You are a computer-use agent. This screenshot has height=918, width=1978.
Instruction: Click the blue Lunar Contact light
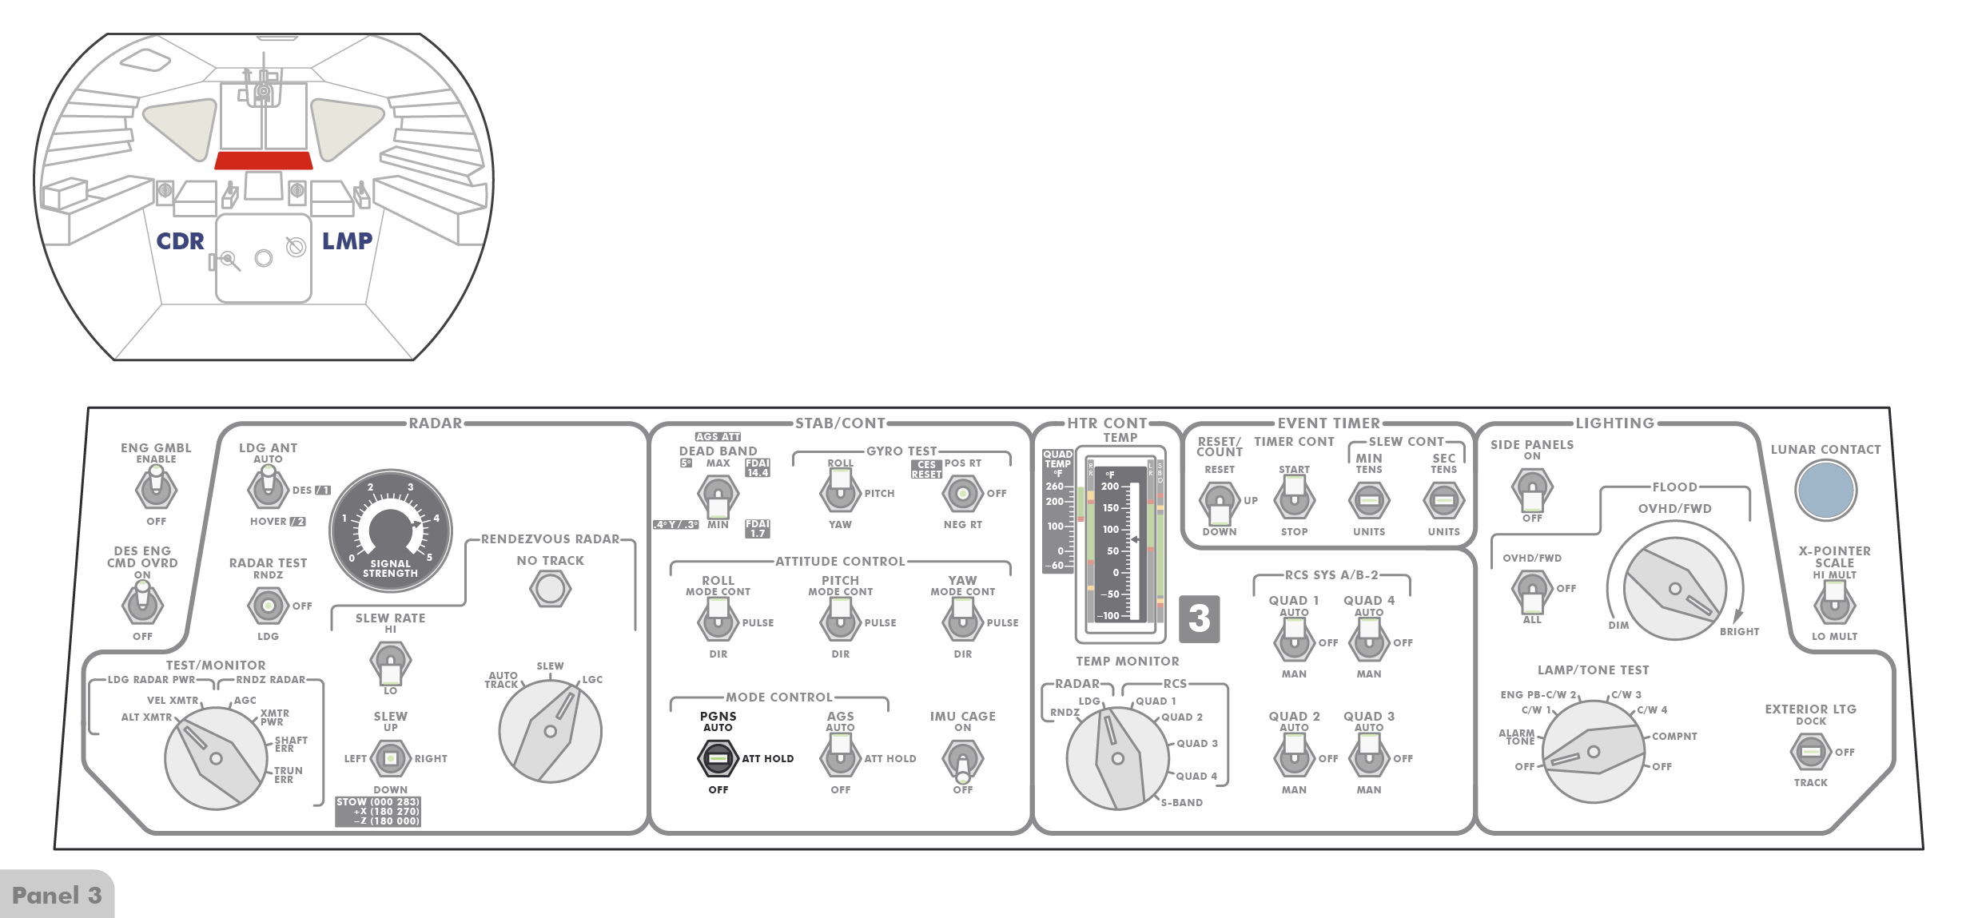point(1825,491)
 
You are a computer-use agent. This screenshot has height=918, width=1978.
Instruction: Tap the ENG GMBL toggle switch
point(156,487)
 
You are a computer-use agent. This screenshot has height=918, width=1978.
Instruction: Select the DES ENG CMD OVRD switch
point(142,604)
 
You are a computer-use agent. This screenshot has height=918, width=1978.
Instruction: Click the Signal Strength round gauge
point(391,531)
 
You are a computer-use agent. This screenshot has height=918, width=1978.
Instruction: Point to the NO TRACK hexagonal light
point(550,590)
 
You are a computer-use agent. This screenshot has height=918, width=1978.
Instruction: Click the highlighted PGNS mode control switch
point(718,758)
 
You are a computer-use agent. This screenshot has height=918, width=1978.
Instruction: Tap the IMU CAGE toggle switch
point(962,760)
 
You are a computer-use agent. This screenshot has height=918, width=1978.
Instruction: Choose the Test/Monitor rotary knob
point(216,757)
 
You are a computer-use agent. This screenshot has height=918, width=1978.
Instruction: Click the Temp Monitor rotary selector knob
point(1117,757)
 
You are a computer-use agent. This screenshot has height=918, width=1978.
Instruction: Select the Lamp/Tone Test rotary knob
point(1593,751)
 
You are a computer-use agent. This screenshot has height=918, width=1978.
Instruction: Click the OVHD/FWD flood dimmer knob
point(1674,589)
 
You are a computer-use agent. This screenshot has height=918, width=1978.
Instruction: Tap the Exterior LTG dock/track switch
point(1810,752)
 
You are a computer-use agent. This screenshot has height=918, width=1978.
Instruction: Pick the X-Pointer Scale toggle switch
point(1834,604)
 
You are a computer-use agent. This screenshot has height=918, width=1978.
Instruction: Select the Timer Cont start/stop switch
point(1294,499)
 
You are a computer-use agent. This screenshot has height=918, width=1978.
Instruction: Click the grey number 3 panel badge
point(1199,618)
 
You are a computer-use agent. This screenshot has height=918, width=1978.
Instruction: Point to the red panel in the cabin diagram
point(263,161)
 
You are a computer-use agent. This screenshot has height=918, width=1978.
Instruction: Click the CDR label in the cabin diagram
point(180,241)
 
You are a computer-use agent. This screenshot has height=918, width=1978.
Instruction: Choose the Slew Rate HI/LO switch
point(390,662)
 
